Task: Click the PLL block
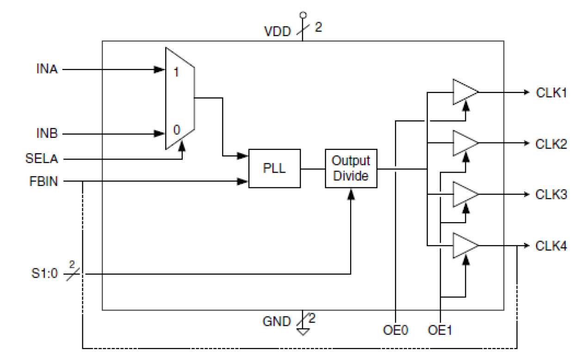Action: (x=274, y=168)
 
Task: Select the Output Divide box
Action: (x=351, y=168)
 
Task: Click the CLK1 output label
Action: (x=551, y=93)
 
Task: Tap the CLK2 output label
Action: (x=551, y=143)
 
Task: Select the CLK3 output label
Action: (x=551, y=194)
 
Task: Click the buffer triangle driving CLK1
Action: (x=464, y=93)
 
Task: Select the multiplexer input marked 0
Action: (x=176, y=130)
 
